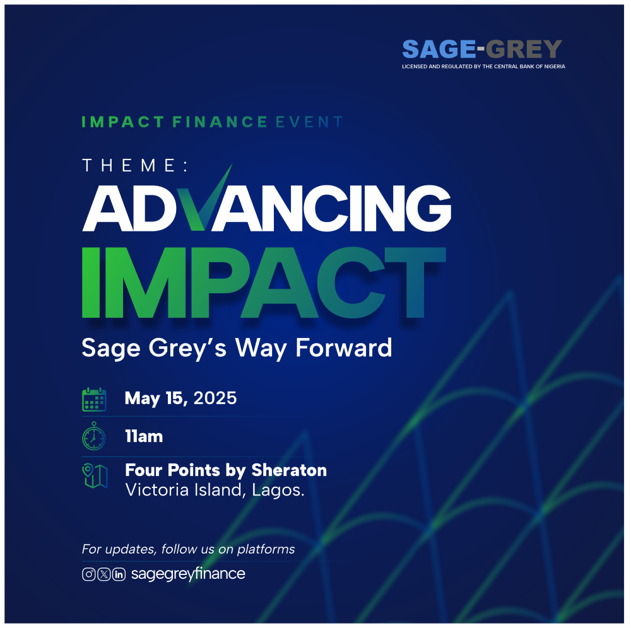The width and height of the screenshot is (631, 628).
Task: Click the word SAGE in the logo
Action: pos(439,49)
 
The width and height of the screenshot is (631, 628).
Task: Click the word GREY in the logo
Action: pos(524,49)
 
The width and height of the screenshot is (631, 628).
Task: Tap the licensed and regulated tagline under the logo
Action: pos(483,66)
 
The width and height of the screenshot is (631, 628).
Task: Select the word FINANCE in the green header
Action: pos(220,122)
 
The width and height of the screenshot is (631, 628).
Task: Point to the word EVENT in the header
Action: pos(309,122)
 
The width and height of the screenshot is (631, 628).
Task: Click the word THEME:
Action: pos(135,165)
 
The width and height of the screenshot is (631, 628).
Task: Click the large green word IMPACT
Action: pos(264,282)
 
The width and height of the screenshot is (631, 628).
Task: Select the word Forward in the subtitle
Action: pos(344,347)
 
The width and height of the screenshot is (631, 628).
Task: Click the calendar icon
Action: pos(94,400)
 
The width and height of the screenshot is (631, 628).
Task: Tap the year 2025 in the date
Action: pos(215,398)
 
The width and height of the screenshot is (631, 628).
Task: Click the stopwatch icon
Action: pos(94,436)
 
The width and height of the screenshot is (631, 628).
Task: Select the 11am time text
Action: pos(144,436)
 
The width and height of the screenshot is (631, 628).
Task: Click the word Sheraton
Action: pos(289,470)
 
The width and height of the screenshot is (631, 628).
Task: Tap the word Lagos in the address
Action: pos(278,490)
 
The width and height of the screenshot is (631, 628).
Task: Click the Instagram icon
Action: pos(89,574)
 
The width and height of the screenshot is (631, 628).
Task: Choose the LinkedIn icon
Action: pos(119,574)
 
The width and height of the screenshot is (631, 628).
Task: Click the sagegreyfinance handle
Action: pos(188,574)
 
